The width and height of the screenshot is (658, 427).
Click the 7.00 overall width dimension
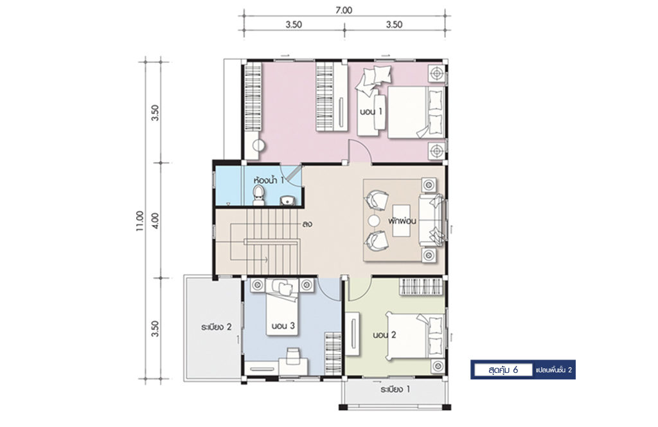pyautogui.click(x=344, y=10)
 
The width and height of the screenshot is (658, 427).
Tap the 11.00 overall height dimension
pyautogui.click(x=139, y=221)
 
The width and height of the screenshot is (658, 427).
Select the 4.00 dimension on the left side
pyautogui.click(x=155, y=221)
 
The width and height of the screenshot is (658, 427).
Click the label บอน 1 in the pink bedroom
pyautogui.click(x=371, y=112)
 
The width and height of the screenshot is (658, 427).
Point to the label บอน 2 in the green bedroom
pyautogui.click(x=384, y=335)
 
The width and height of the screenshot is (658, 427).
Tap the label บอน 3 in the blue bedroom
pyautogui.click(x=283, y=326)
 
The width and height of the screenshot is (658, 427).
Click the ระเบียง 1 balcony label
pyautogui.click(x=395, y=390)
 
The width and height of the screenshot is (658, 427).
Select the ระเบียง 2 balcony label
pyautogui.click(x=216, y=327)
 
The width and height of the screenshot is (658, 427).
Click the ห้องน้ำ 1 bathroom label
pyautogui.click(x=269, y=179)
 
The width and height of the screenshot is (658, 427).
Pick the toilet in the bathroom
pyautogui.click(x=259, y=195)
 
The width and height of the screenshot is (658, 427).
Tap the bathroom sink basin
pyautogui.click(x=287, y=200)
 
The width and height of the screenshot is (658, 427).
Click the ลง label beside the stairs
pyautogui.click(x=307, y=224)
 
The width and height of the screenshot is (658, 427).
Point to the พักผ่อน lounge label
pyautogui.click(x=402, y=220)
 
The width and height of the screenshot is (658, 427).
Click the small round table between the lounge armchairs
pyautogui.click(x=373, y=220)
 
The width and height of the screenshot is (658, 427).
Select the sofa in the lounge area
pyautogui.click(x=431, y=221)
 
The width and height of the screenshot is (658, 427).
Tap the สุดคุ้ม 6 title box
pyautogui.click(x=503, y=370)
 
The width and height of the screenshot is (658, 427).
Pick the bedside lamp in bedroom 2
pyautogui.click(x=438, y=366)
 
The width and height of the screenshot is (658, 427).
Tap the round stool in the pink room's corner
pyautogui.click(x=258, y=146)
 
